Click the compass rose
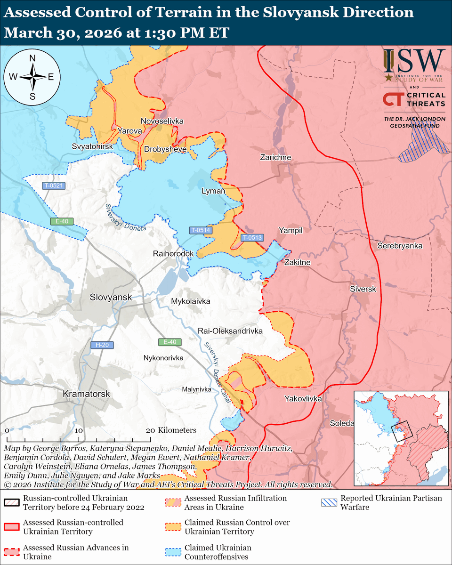[x=32, y=77]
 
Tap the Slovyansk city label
[x=111, y=297]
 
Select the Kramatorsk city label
[x=86, y=393]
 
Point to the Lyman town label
[x=213, y=191]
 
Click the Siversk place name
[x=363, y=289]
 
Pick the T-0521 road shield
[x=54, y=186]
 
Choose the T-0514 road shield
[x=201, y=230]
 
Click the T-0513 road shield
[x=252, y=238]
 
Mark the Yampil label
[x=290, y=230]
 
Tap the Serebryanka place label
[x=400, y=246]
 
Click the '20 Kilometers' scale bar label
[x=172, y=430]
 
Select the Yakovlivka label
[x=303, y=399]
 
